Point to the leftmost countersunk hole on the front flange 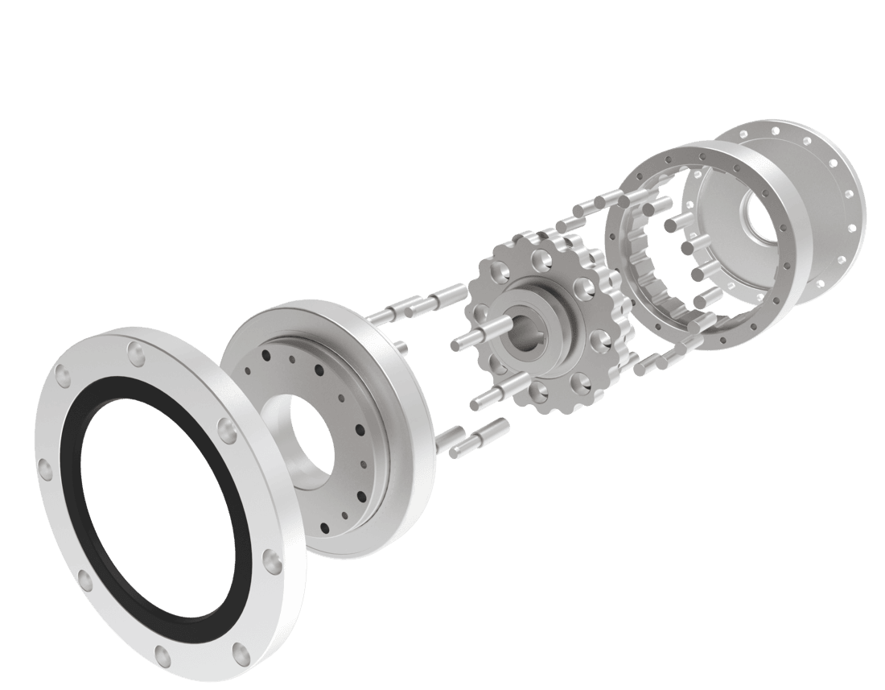(x=42, y=467)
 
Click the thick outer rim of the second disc (x=402, y=419)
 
